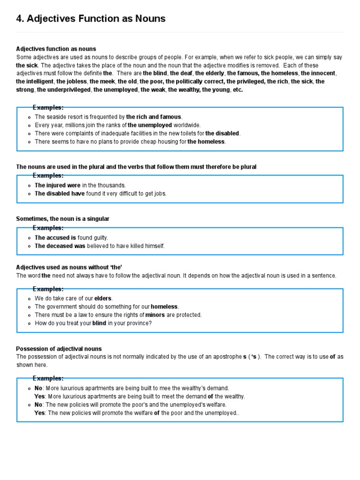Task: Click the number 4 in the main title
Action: coord(20,19)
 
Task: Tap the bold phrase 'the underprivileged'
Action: coord(64,90)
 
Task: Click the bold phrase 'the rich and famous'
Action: coord(154,117)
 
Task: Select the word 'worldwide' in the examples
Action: coord(187,125)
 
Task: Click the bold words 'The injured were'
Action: coord(57,185)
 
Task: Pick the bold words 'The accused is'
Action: coord(55,238)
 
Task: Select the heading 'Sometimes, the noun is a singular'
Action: coord(63,219)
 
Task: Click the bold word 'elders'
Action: coord(104,298)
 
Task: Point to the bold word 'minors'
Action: coord(155,315)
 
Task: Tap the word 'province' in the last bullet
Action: coord(138,323)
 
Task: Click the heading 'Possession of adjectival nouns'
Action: coord(59,349)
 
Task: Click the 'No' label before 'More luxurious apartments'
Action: coord(38,388)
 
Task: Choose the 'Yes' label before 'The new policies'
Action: coord(39,413)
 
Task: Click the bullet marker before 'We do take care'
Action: coord(30,299)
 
